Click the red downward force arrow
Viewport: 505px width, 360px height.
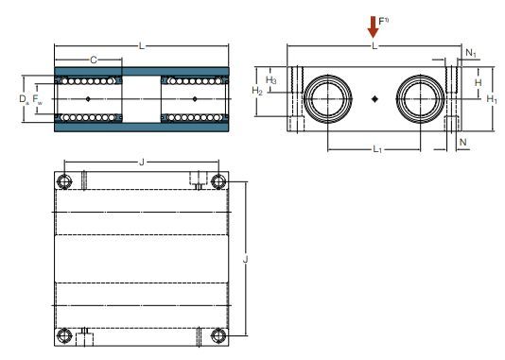tap(373, 27)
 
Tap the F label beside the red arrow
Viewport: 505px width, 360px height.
tap(383, 21)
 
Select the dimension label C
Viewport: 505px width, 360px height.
tap(94, 60)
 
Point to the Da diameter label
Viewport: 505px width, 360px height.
tap(25, 99)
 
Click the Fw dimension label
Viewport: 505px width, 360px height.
tap(38, 99)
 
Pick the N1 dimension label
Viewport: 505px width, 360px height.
tap(471, 53)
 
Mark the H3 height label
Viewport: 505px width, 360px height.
tap(270, 79)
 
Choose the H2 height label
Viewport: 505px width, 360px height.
tap(257, 91)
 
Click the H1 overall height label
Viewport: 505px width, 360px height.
tap(492, 99)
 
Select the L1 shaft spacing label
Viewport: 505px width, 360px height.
tap(377, 149)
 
